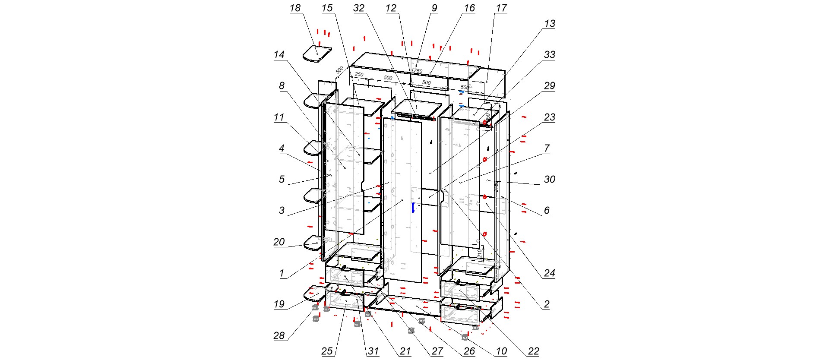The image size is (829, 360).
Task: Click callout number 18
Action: click(295, 8)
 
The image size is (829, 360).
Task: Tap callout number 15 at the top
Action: click(327, 8)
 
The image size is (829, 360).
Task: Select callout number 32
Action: click(359, 8)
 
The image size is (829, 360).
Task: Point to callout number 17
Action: click(501, 8)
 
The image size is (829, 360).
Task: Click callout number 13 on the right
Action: click(549, 24)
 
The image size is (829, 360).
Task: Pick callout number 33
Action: click(549, 55)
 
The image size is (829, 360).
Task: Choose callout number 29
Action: click(549, 86)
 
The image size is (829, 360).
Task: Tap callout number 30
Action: click(549, 180)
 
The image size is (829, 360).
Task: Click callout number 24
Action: click(549, 273)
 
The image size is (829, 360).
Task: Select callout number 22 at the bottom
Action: click(534, 351)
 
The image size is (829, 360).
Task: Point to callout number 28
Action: click(279, 336)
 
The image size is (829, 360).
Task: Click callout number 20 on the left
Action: click(279, 242)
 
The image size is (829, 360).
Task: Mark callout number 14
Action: click(279, 55)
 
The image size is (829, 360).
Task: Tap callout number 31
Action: click(373, 351)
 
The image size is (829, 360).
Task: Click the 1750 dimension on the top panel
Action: click(417, 71)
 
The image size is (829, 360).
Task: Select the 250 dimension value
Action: click(359, 75)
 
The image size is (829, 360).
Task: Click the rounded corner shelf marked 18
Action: click(316, 54)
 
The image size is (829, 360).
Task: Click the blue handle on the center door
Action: click(413, 208)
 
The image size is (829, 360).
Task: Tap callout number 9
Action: click(434, 8)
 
